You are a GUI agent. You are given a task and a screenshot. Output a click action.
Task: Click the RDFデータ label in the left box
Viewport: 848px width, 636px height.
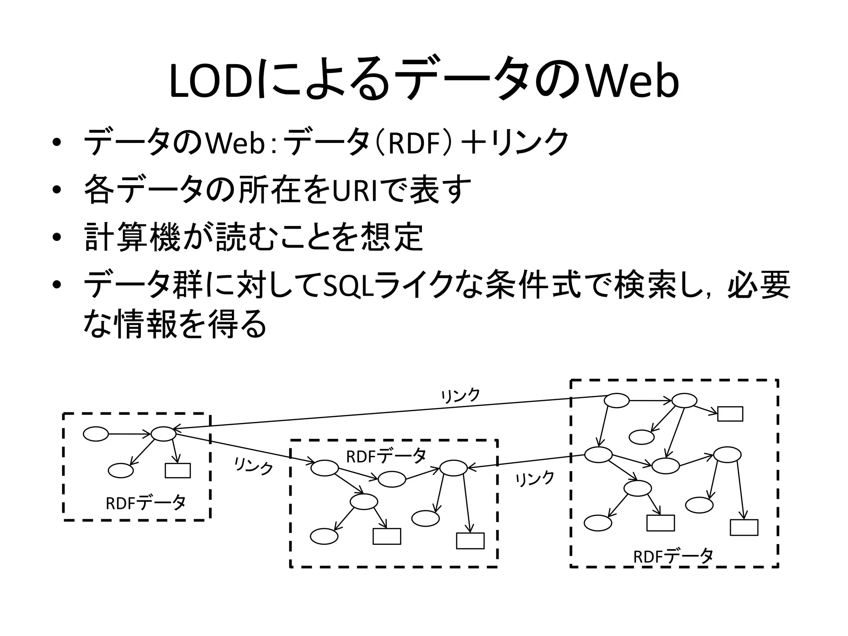(x=146, y=503)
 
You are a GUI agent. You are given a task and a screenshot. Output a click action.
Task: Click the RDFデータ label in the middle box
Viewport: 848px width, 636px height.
(x=386, y=456)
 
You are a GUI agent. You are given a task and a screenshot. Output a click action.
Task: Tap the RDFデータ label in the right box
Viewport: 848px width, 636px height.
(x=673, y=556)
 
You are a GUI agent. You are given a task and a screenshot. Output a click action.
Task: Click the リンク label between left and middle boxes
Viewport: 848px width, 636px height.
(x=254, y=467)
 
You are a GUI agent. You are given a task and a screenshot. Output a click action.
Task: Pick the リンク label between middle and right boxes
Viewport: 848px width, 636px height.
(x=535, y=479)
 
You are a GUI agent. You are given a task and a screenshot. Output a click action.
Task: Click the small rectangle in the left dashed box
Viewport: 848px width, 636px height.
(x=178, y=470)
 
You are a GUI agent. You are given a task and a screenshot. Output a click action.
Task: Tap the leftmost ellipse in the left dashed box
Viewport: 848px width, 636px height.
(x=96, y=434)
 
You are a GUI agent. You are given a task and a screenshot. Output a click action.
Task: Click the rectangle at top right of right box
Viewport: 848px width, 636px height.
(x=730, y=414)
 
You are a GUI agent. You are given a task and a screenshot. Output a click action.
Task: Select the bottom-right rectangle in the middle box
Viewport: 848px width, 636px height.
(x=470, y=541)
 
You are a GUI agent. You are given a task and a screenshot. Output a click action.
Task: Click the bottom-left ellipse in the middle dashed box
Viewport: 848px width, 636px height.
(x=324, y=536)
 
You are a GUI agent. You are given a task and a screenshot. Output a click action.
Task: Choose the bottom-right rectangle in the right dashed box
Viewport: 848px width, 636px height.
(x=744, y=528)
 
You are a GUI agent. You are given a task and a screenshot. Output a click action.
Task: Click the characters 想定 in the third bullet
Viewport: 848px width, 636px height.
(x=392, y=238)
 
